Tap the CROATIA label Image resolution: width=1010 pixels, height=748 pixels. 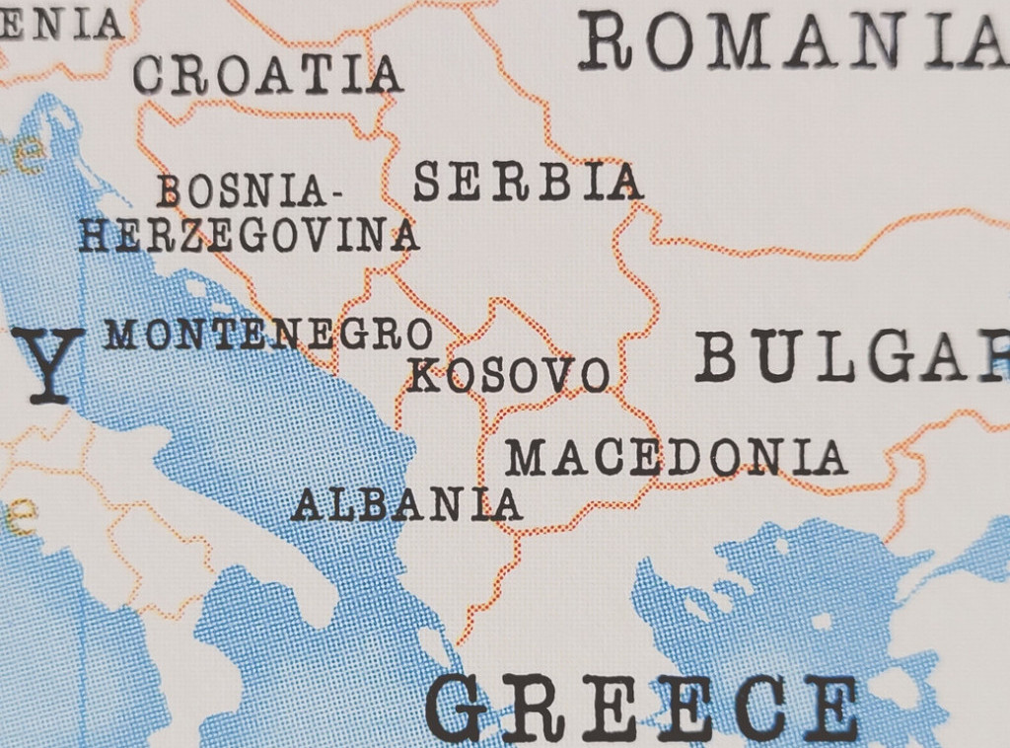tap(267, 75)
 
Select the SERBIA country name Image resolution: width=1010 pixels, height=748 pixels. tap(528, 183)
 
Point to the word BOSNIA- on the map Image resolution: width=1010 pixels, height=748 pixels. tap(242, 190)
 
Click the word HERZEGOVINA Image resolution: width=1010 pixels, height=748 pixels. tap(249, 236)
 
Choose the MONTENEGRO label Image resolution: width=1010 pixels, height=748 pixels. tap(268, 335)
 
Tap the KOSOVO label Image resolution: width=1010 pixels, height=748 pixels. tap(508, 375)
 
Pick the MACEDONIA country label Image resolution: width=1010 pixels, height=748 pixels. tap(676, 457)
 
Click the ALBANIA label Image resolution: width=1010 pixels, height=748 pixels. tap(406, 504)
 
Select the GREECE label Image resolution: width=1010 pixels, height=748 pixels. tap(641, 707)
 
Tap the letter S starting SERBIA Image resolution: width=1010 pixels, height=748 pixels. tap(427, 183)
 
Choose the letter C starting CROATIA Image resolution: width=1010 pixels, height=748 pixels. tap(148, 75)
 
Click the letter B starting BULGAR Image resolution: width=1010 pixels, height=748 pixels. tap(717, 356)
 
